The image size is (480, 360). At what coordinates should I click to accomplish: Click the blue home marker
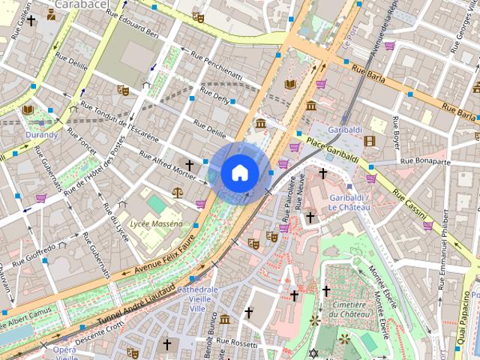pyautogui.click(x=239, y=173)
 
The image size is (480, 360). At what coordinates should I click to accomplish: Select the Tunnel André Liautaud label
pyautogui.click(x=136, y=306)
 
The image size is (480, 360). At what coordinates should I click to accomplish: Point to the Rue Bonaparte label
pyautogui.click(x=425, y=160)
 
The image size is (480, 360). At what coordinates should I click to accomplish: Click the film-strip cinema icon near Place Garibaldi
pyautogui.click(x=369, y=140)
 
